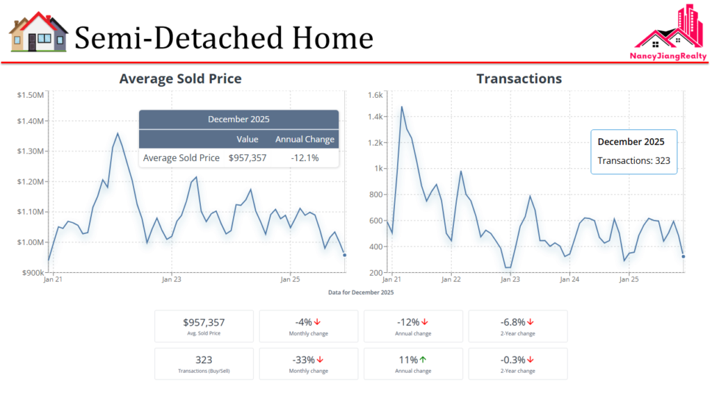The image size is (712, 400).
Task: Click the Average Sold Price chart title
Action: coord(180,78)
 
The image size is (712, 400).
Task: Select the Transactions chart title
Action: coord(519,78)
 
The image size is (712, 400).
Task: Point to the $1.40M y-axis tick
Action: coord(31,121)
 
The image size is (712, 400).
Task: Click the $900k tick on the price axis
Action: coord(32,272)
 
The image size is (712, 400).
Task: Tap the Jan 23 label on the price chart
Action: coord(172,280)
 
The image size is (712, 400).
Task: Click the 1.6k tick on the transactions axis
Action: coord(375,94)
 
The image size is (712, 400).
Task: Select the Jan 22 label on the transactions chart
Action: coord(451,280)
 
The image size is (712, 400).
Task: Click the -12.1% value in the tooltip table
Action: coord(305,158)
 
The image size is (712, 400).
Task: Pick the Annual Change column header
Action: coord(305,139)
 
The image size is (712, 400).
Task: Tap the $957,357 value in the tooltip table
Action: coord(248,158)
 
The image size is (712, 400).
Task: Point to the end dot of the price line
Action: coord(345,255)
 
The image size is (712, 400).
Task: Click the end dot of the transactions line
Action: coord(683,256)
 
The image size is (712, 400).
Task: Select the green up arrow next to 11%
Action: coord(423,360)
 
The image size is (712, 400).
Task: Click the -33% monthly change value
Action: coord(304,360)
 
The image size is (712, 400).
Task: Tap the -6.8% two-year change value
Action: coord(515,322)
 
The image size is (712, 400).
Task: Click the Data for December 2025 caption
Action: coord(361,292)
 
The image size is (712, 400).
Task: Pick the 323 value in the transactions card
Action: coord(204,360)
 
